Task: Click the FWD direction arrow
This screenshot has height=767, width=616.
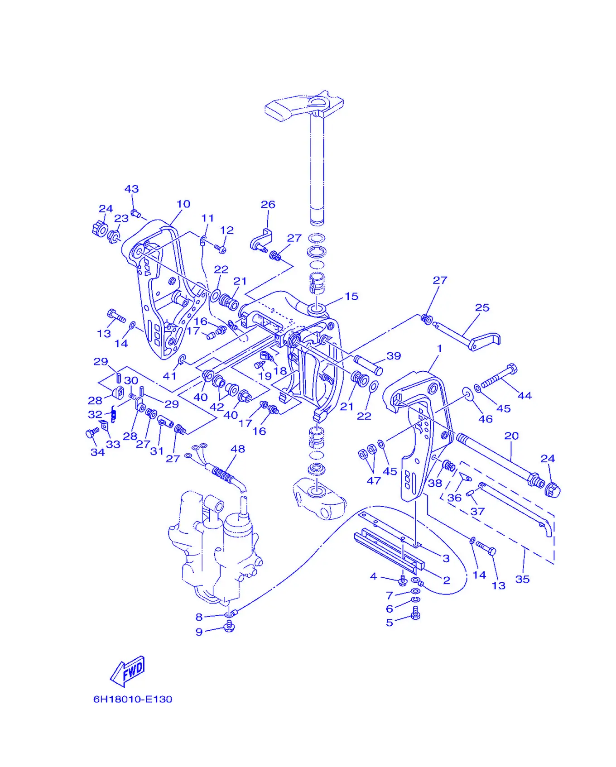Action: (x=128, y=671)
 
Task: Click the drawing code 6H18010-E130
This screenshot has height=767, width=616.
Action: (x=133, y=699)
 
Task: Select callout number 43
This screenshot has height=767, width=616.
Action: (x=132, y=189)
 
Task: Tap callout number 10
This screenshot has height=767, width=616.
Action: (x=183, y=204)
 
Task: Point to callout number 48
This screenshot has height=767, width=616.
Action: (x=238, y=449)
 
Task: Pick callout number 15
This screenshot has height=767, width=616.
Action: (x=351, y=296)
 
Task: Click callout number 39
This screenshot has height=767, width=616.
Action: (x=394, y=356)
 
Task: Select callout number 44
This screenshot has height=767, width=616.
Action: (x=525, y=396)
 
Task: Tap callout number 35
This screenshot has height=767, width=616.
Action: (x=522, y=579)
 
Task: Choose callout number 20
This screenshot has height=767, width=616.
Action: (x=511, y=436)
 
